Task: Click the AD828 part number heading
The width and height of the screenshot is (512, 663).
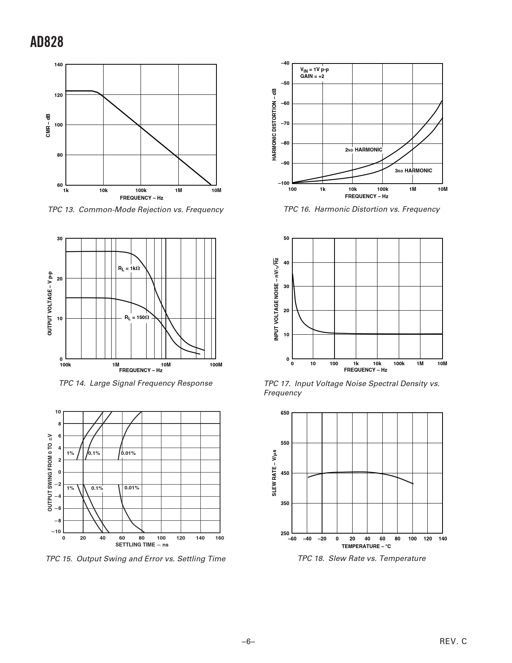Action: tap(47, 42)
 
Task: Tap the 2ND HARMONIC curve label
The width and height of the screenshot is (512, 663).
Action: tap(364, 150)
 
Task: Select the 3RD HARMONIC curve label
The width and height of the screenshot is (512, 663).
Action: tap(413, 171)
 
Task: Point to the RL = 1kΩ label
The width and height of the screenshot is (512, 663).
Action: tap(129, 268)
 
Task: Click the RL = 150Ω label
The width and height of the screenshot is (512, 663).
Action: tap(137, 317)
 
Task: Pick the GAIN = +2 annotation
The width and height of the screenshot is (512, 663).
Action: tap(312, 76)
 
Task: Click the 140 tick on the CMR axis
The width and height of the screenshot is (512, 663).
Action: tap(59, 65)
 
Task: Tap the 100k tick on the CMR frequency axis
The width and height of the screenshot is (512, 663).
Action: tap(141, 190)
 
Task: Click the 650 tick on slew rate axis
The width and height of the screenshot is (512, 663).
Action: tap(285, 413)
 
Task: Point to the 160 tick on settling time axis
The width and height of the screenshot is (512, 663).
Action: tap(220, 538)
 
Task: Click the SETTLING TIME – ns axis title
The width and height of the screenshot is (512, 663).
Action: tap(142, 544)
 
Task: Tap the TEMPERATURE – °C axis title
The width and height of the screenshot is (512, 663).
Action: tap(366, 546)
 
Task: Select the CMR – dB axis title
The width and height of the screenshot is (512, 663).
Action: tap(48, 125)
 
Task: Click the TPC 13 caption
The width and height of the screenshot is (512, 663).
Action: tap(135, 210)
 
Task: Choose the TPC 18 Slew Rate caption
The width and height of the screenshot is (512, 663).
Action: tap(361, 559)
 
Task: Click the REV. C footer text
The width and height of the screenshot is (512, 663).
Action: tap(453, 642)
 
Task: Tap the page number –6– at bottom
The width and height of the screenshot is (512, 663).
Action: tap(249, 642)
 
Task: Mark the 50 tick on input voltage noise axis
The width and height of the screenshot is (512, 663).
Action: tap(286, 239)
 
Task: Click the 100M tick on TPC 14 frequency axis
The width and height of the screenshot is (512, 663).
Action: tap(216, 365)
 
